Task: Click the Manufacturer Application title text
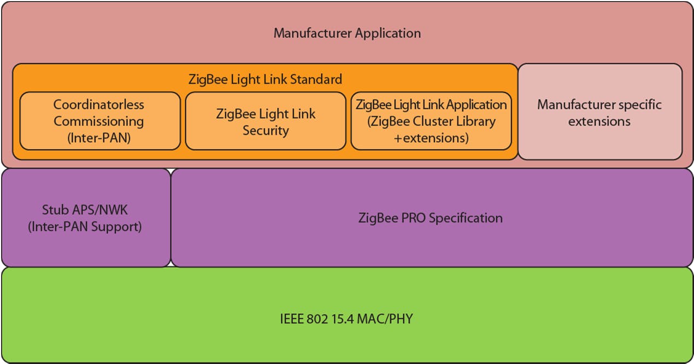(x=347, y=33)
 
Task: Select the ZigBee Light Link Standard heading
(x=265, y=79)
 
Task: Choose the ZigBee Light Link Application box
(x=431, y=121)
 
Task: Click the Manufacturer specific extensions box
(x=599, y=113)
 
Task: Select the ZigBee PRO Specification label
(x=431, y=218)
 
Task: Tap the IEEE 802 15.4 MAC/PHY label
(x=346, y=318)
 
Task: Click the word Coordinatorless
(x=99, y=104)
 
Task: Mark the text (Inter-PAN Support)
(x=85, y=226)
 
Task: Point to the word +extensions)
(x=431, y=138)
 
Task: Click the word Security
(x=266, y=131)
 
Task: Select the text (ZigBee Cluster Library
(x=431, y=121)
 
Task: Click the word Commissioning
(x=99, y=121)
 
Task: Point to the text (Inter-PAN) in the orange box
(x=99, y=138)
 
